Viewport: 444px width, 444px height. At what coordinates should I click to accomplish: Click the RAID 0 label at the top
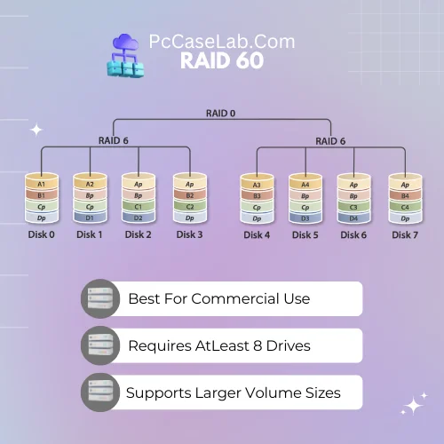220,114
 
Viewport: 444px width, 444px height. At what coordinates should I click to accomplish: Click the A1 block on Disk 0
42,184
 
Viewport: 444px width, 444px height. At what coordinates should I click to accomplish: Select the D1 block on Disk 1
90,218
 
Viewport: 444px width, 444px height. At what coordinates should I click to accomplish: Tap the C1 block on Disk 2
139,207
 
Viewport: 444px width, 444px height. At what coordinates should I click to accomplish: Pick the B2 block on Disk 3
190,195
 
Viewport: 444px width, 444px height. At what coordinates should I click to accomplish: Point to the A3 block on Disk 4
257,185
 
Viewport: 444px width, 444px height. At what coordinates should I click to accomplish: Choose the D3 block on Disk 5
305,218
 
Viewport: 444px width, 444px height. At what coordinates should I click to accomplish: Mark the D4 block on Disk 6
353,218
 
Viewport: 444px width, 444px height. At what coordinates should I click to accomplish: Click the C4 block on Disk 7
405,207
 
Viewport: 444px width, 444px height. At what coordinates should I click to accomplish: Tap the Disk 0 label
42,234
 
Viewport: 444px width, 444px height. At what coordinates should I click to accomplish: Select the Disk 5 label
305,235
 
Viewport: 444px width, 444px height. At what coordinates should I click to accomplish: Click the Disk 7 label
405,235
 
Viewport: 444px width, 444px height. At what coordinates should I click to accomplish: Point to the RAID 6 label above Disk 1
114,140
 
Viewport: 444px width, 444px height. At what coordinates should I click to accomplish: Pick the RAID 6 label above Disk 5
330,141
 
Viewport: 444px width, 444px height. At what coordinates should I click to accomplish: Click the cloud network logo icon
126,55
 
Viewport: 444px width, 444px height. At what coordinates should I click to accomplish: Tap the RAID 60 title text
222,60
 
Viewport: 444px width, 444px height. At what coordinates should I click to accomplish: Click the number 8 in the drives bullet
258,345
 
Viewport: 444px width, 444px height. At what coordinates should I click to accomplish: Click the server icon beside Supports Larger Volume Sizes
100,392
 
